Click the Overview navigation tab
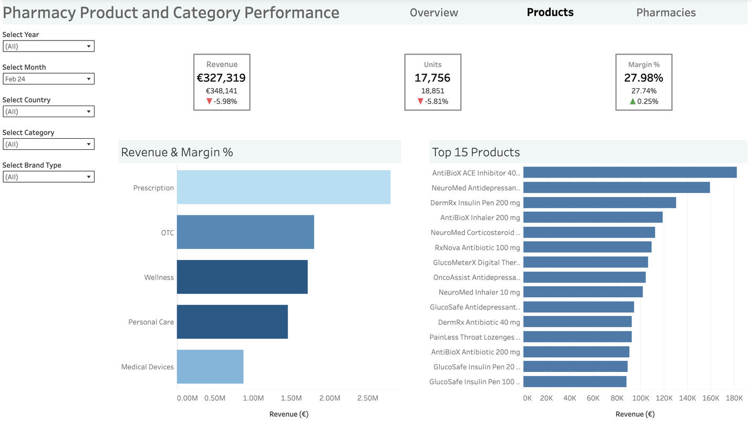pyautogui.click(x=434, y=13)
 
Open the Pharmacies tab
pyautogui.click(x=665, y=13)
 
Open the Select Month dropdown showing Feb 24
pyautogui.click(x=48, y=79)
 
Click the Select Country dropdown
pyautogui.click(x=48, y=111)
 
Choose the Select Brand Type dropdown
pyautogui.click(x=48, y=177)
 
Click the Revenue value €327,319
pyautogui.click(x=221, y=78)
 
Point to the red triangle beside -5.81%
pyautogui.click(x=420, y=101)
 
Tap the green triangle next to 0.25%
pyautogui.click(x=633, y=101)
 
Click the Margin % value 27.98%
pyautogui.click(x=643, y=78)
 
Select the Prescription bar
pyautogui.click(x=283, y=187)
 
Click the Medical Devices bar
pyautogui.click(x=210, y=367)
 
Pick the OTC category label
pyautogui.click(x=167, y=233)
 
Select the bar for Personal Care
pyautogui.click(x=232, y=322)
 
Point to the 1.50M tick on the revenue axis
pyautogui.click(x=291, y=398)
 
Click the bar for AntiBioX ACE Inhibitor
pyautogui.click(x=630, y=172)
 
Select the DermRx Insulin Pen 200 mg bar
pyautogui.click(x=599, y=202)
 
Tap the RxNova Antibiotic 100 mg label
pyautogui.click(x=477, y=247)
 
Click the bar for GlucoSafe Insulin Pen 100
pyautogui.click(x=574, y=381)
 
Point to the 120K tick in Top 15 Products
pyautogui.click(x=664, y=398)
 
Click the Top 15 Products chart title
pyautogui.click(x=476, y=152)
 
